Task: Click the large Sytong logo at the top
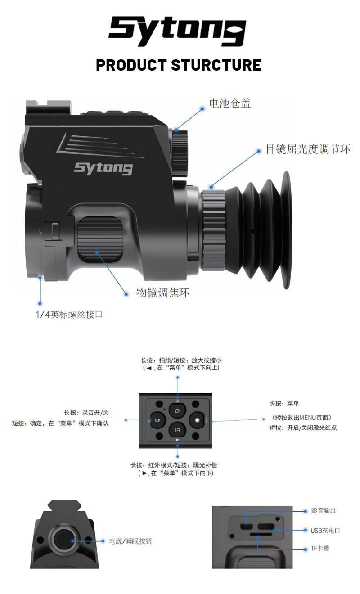tap(177, 31)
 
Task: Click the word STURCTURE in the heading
tap(216, 65)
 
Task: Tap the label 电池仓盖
tap(230, 103)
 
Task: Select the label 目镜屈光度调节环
tap(308, 149)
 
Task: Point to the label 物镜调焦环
tap(162, 292)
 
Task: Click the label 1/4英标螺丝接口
tap(69, 315)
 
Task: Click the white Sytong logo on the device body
tap(103, 168)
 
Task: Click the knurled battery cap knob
tap(180, 151)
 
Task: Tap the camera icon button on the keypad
tap(158, 420)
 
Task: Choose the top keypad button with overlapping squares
tap(177, 411)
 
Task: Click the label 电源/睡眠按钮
tap(130, 541)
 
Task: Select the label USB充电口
tap(325, 531)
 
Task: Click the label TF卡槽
tap(319, 548)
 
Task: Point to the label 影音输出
tap(323, 510)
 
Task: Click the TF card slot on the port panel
tap(261, 534)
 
